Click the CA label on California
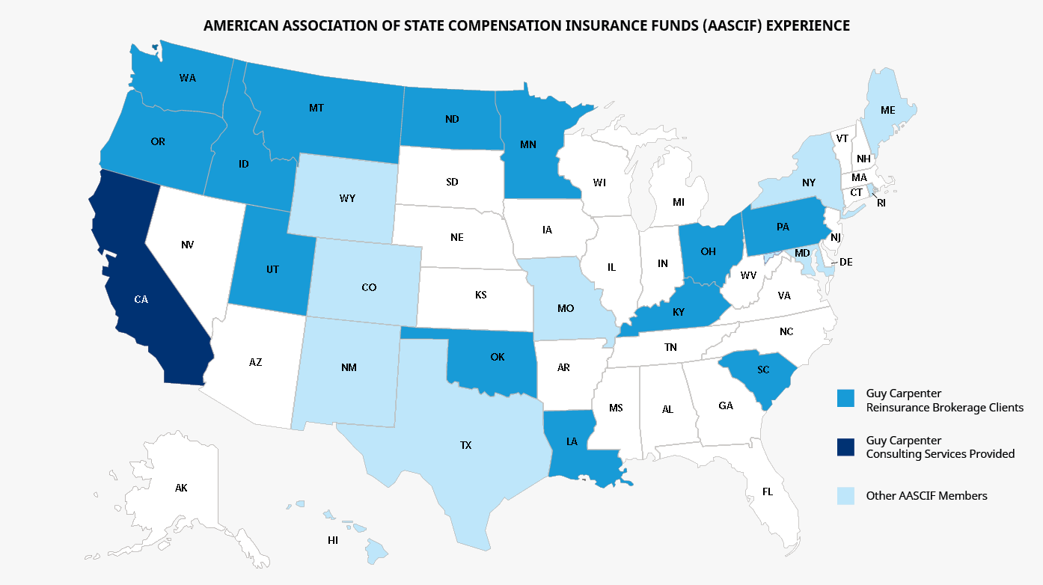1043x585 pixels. (141, 299)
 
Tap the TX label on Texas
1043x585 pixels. (465, 445)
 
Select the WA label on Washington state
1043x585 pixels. (187, 77)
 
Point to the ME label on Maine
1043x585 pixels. (887, 109)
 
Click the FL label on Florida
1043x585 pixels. (767, 491)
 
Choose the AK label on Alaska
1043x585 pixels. (181, 488)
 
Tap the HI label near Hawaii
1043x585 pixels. (333, 540)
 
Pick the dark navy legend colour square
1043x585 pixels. (845, 447)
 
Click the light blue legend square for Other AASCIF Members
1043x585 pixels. (845, 495)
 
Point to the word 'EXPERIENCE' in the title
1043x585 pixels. (807, 25)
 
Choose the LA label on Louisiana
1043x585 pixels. (571, 441)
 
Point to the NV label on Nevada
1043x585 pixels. (187, 244)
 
